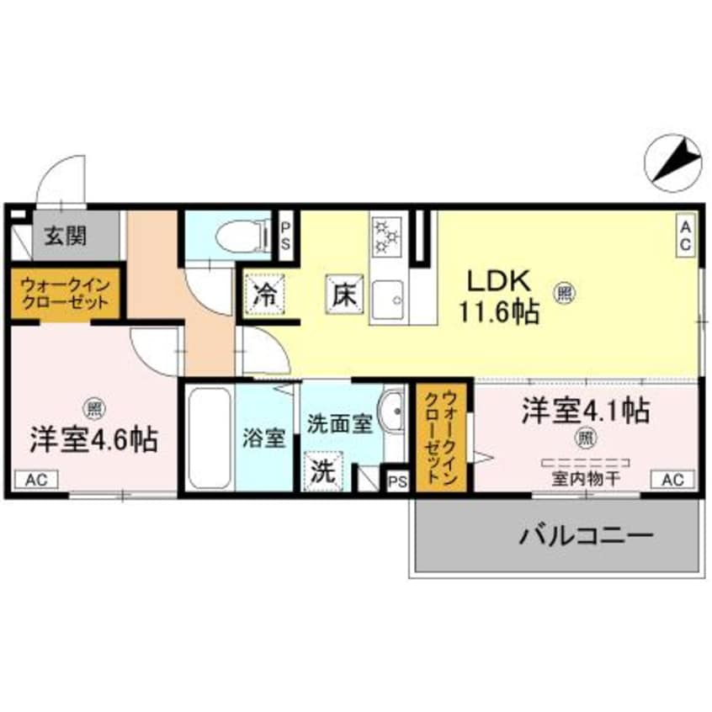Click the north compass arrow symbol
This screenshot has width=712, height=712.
[x=677, y=161]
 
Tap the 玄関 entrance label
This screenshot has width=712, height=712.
[x=65, y=236]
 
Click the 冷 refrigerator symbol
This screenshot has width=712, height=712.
[x=263, y=295]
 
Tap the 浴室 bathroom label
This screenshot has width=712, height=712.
[x=265, y=438]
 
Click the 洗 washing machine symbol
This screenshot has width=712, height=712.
[x=321, y=471]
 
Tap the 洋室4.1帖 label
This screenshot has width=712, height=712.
[x=585, y=411]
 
